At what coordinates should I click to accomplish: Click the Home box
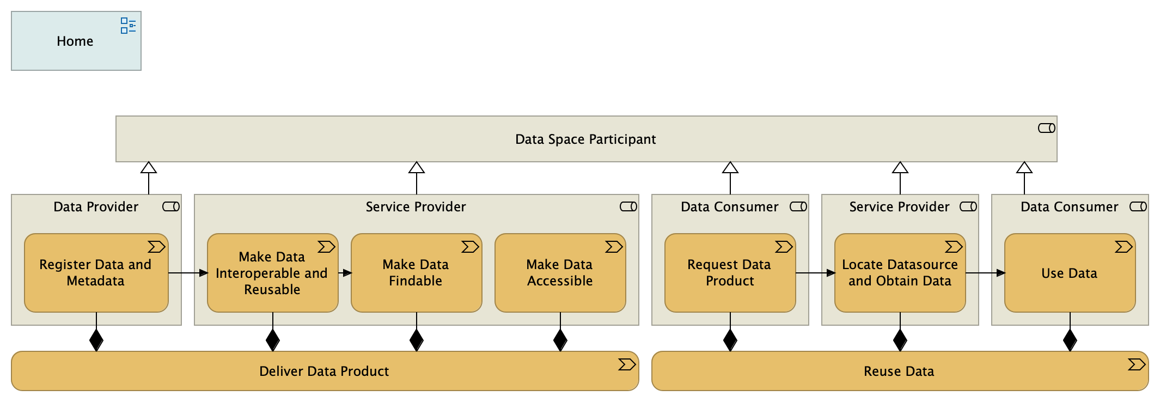click(76, 41)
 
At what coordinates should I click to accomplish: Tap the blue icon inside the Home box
click(128, 26)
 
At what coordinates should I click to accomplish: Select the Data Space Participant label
click(585, 139)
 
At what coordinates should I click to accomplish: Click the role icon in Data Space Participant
click(1046, 128)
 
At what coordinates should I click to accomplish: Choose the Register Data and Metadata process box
click(96, 273)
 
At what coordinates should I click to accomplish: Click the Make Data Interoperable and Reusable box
click(272, 273)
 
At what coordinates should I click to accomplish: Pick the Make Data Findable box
click(416, 273)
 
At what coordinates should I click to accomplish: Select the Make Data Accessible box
click(560, 273)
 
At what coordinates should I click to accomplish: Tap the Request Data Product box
click(730, 273)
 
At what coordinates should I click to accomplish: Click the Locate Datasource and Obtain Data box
click(900, 273)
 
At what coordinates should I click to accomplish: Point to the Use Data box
click(1070, 273)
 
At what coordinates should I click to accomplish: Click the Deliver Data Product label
click(324, 371)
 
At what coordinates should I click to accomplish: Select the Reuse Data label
click(899, 371)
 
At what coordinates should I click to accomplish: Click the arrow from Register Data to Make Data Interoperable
click(188, 273)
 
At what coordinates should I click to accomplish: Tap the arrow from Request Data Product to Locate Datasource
click(815, 273)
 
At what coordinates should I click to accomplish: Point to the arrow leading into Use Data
click(985, 273)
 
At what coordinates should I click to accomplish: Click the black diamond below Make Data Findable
click(417, 340)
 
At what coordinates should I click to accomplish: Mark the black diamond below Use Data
click(1070, 340)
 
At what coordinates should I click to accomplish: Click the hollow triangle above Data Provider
click(149, 168)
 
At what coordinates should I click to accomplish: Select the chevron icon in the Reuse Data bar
click(1136, 364)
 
